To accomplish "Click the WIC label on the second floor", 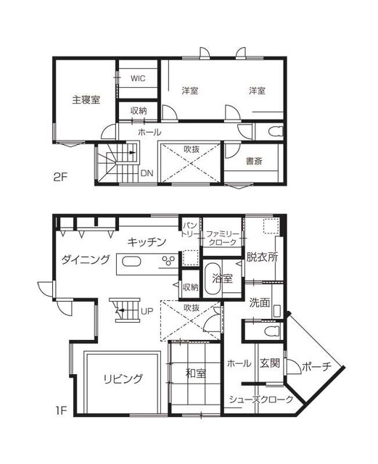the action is click(x=138, y=78).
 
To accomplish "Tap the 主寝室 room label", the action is click(x=86, y=100).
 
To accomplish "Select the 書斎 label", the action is click(x=254, y=161).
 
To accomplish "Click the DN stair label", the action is click(x=147, y=173).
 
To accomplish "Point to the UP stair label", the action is click(x=147, y=311).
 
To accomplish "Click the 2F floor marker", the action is click(x=60, y=177).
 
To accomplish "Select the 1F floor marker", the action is click(x=61, y=411).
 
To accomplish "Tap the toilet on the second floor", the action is click(x=276, y=131).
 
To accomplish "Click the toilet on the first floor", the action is click(x=273, y=331).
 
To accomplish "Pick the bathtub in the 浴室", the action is click(x=213, y=278).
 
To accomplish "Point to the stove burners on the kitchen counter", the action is click(x=168, y=260).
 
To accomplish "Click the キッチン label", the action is click(x=147, y=242).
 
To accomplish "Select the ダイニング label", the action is click(x=86, y=260).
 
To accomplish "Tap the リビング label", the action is click(x=123, y=378).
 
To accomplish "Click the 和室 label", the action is click(x=195, y=373).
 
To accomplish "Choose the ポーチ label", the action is click(x=316, y=367).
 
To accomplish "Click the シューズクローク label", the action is click(x=261, y=399).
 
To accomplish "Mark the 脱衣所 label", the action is click(x=262, y=257).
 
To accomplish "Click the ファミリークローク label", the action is click(x=223, y=239).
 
